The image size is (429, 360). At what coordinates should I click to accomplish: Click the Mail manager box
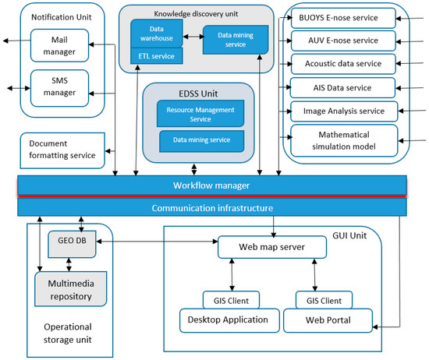pyautogui.click(x=59, y=45)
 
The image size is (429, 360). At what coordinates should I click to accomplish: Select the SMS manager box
pyautogui.click(x=59, y=88)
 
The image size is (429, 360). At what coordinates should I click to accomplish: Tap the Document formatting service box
pyautogui.click(x=62, y=150)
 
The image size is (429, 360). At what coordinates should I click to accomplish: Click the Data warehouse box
pyautogui.click(x=157, y=34)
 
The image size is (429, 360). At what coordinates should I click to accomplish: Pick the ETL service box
pyautogui.click(x=157, y=56)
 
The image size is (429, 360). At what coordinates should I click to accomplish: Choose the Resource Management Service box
pyautogui.click(x=200, y=114)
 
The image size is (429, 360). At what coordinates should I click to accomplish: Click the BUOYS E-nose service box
pyautogui.click(x=343, y=18)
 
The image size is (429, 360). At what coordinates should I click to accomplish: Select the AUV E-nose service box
pyautogui.click(x=343, y=41)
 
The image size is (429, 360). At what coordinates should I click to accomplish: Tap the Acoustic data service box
pyautogui.click(x=343, y=64)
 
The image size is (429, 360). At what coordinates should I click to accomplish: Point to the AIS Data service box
pyautogui.click(x=342, y=88)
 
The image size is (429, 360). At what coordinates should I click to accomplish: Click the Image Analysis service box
pyautogui.click(x=344, y=111)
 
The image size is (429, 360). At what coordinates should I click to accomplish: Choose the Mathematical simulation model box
pyautogui.click(x=344, y=140)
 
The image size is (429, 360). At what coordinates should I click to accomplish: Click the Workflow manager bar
pyautogui.click(x=212, y=185)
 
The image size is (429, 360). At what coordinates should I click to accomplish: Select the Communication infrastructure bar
pyautogui.click(x=212, y=207)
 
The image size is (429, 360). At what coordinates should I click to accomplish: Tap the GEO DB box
pyautogui.click(x=72, y=244)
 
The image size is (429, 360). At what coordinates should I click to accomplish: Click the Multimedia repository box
pyautogui.click(x=70, y=288)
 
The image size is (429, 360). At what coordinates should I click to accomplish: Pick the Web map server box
pyautogui.click(x=272, y=247)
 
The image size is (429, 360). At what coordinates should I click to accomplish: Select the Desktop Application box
pyautogui.click(x=229, y=320)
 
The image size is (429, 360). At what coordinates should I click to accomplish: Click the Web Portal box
pyautogui.click(x=328, y=320)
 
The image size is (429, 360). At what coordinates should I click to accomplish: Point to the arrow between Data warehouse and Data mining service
pyautogui.click(x=193, y=37)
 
